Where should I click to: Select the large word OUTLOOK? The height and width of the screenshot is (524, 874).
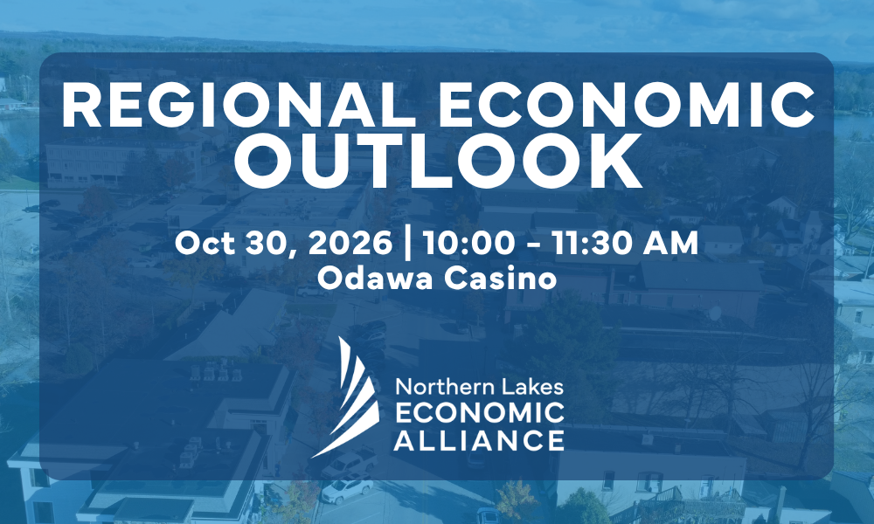438,162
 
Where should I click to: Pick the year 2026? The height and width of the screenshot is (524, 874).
350,244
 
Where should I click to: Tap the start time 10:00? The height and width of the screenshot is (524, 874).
468,244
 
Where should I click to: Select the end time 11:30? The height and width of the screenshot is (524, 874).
593,244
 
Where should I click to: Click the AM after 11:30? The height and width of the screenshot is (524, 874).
671,244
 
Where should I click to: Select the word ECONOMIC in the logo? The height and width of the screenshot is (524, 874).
479,412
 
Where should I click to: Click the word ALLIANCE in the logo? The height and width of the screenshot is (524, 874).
479,440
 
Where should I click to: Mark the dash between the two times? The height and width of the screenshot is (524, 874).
533,245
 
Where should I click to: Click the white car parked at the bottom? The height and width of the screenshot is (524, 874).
348,488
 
